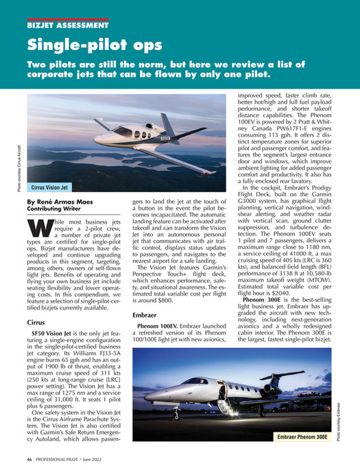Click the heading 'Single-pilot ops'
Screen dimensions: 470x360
[95, 46]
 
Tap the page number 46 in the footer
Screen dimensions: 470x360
[29, 458]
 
